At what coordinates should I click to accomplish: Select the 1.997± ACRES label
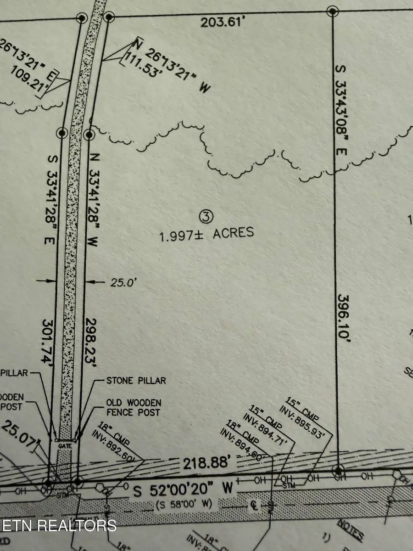click(206, 234)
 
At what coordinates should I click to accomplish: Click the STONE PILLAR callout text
click(136, 380)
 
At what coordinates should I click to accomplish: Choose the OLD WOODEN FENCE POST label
click(134, 407)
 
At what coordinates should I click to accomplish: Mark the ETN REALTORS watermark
click(58, 525)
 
